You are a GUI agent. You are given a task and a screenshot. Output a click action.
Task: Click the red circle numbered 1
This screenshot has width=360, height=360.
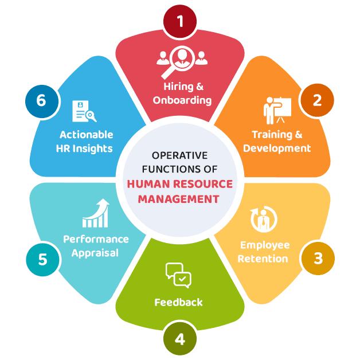click(x=180, y=22)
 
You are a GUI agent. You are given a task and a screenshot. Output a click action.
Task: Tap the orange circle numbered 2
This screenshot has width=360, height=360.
click(x=317, y=100)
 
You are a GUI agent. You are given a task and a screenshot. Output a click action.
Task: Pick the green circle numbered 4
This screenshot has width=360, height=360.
click(x=180, y=339)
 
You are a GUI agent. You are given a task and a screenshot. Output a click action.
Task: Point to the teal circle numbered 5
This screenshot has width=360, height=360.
click(x=42, y=259)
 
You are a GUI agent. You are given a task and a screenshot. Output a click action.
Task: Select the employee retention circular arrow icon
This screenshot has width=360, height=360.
click(x=264, y=220)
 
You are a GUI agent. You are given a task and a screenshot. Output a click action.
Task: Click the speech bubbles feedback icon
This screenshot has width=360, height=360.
click(x=178, y=275)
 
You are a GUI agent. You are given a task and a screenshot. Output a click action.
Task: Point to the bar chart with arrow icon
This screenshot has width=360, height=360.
click(x=96, y=213)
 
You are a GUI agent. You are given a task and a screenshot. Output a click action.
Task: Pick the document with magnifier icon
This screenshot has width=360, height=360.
click(x=84, y=111)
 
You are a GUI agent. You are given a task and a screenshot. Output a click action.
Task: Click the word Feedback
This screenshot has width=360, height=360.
click(x=178, y=302)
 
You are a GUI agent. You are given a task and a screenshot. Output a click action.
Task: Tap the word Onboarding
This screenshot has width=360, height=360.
click(x=182, y=100)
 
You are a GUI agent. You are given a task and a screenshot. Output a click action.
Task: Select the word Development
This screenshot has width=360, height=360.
click(x=277, y=148)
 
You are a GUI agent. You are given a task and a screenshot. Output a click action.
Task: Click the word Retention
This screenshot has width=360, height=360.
click(x=264, y=259)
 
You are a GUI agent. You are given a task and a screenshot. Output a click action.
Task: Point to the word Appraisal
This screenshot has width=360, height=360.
click(x=95, y=253)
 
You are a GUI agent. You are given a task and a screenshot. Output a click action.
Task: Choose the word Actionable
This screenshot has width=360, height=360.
click(x=86, y=135)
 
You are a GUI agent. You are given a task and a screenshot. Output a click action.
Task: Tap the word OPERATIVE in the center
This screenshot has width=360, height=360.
click(x=179, y=155)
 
